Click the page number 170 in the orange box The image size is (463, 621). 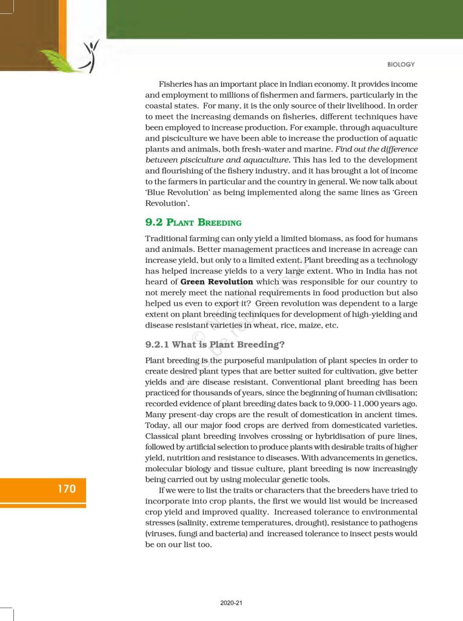click(67, 488)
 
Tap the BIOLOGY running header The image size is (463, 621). click(401, 64)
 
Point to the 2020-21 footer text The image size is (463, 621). click(232, 603)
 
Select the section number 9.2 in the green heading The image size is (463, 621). click(156, 223)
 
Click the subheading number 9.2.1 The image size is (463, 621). click(157, 344)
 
